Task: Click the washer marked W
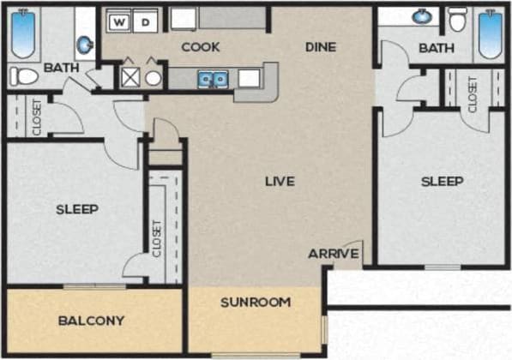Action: [121, 21]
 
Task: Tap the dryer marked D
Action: [147, 21]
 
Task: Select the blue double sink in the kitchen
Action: [213, 80]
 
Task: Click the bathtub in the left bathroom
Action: [23, 31]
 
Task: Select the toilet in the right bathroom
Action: [457, 19]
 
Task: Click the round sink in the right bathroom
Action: [422, 16]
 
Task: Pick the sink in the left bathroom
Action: [85, 43]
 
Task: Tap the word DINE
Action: [320, 47]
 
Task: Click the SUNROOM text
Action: [256, 302]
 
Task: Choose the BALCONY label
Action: [91, 321]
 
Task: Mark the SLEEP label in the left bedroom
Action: [77, 209]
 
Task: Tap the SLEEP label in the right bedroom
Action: [442, 181]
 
